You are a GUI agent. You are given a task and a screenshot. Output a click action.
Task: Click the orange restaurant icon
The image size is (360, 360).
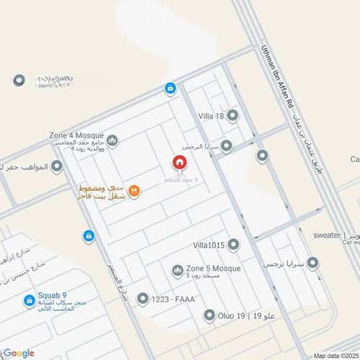tap(135, 191)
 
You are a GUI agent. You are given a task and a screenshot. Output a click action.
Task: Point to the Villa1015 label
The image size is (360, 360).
tap(210, 246)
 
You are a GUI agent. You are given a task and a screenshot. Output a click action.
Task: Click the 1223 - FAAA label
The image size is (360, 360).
tap(175, 298)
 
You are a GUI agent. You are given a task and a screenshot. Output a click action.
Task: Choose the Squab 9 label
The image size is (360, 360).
tap(54, 295)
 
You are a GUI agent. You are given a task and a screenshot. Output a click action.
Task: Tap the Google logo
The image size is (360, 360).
tap(19, 353)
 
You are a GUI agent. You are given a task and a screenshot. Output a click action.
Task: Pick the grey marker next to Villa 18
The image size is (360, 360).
tap(233, 115)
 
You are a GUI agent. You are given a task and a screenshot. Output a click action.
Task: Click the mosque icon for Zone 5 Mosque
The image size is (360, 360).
tap(177, 271)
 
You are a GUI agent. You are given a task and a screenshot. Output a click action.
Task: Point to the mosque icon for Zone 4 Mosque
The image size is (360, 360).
tap(112, 140)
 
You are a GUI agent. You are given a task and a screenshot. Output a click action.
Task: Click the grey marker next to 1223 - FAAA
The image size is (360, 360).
tap(142, 298)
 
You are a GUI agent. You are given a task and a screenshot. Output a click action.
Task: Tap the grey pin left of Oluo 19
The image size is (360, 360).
tap(209, 315)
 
